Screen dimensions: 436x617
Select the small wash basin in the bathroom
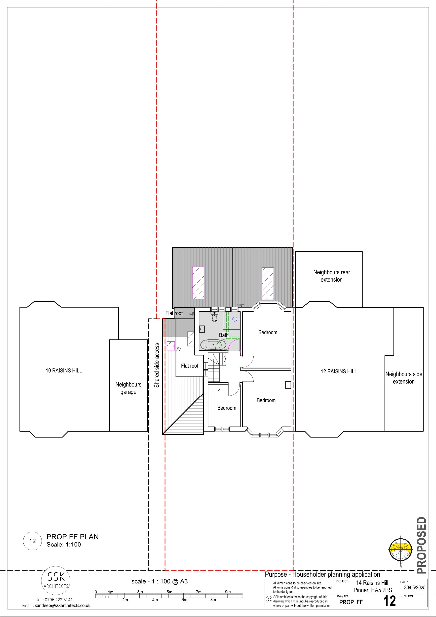coord(202,329)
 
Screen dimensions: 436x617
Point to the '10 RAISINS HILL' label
coord(64,371)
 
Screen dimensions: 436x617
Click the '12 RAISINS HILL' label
coord(339,371)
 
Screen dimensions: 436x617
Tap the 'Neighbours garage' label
coord(128,388)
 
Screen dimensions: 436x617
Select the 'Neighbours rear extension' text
coord(332,276)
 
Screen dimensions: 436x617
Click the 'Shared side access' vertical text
coord(157,365)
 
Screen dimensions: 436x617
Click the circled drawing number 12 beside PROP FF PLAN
coord(33,541)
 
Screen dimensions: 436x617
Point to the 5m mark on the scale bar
coord(169,592)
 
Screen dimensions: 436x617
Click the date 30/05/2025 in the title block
coord(415,587)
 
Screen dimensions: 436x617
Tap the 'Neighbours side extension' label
coord(404,378)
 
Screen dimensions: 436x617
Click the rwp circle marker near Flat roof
coord(193,311)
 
